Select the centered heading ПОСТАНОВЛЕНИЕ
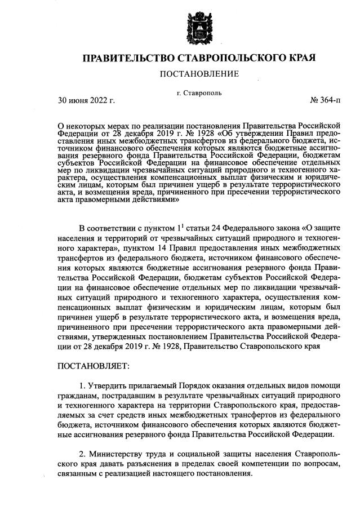[x=200, y=74]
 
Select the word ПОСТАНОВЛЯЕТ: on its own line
[x=94, y=366]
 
